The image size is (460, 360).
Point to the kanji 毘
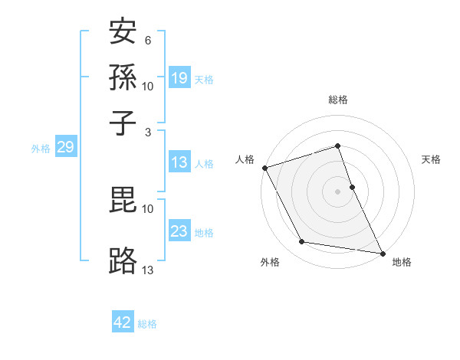123,201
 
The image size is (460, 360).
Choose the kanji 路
123,260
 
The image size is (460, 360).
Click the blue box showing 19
179,78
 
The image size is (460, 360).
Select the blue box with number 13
179,162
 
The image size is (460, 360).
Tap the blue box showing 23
179,231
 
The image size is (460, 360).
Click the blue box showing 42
123,322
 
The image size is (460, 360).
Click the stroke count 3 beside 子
148,133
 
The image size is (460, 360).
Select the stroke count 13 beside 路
148,269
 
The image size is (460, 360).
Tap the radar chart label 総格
338,100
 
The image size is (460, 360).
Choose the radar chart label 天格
431,159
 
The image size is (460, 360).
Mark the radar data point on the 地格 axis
382,252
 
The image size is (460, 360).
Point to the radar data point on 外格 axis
302,242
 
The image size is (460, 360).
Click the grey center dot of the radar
338,191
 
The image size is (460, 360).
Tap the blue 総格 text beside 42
147,324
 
